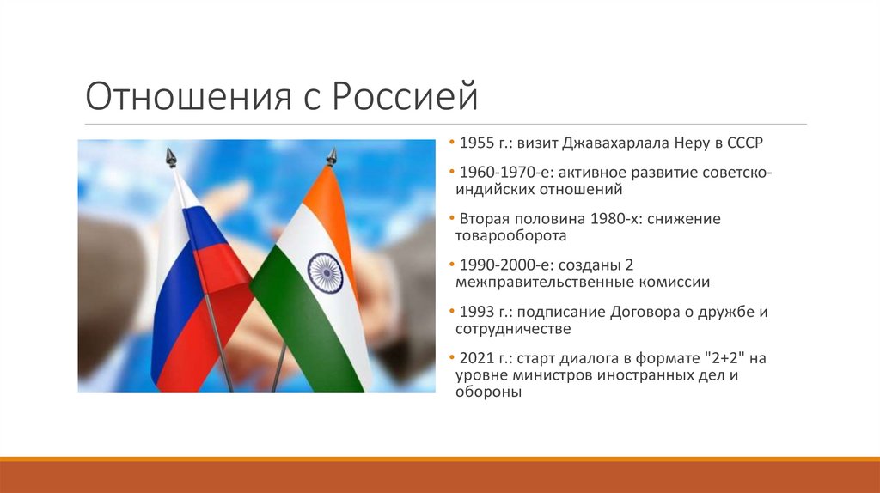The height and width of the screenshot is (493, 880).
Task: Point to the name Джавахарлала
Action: pos(605,142)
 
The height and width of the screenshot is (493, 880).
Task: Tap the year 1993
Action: pos(477,312)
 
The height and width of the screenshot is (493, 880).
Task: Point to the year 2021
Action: pos(477,358)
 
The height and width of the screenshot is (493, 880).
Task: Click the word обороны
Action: pos(489,391)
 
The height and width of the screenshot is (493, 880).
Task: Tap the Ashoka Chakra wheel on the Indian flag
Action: pos(325,272)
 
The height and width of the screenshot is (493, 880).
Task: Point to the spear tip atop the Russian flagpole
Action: pos(171,157)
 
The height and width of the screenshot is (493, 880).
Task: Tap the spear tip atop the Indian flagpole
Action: pos(331,156)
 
